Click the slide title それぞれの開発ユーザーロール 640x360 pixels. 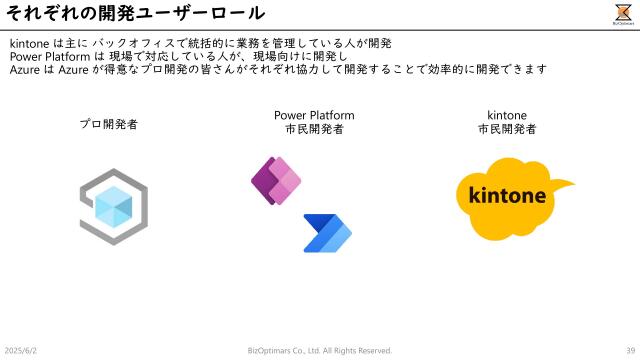(x=135, y=13)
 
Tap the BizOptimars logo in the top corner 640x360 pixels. (x=622, y=13)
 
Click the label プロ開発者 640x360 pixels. (x=109, y=125)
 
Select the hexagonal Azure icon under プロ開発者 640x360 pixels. (x=113, y=207)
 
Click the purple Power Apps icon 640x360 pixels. (x=275, y=181)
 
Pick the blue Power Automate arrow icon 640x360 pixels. (x=327, y=232)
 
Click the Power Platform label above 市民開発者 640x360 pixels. (x=313, y=115)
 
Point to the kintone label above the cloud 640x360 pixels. (x=507, y=115)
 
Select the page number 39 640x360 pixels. (x=630, y=350)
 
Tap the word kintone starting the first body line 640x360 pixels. (x=29, y=43)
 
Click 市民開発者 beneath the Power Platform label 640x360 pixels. (x=313, y=129)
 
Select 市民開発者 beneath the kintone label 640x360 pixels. (x=507, y=129)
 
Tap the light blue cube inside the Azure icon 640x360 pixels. (x=113, y=207)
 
